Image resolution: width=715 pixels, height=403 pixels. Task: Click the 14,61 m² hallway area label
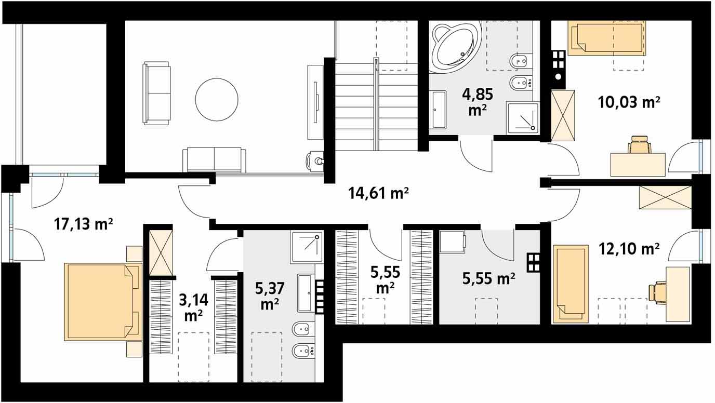[378, 193]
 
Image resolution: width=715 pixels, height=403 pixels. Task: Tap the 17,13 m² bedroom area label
[83, 224]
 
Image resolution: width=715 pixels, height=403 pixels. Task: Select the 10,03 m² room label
[629, 102]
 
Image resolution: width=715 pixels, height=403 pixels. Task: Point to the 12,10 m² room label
[629, 249]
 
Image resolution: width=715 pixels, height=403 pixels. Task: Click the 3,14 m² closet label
[193, 307]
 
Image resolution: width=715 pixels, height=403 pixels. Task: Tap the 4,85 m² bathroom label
[478, 102]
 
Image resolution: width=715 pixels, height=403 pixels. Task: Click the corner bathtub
[455, 47]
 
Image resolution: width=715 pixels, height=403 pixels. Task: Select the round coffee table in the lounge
[217, 100]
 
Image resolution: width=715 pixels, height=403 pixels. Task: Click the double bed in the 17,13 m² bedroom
[103, 302]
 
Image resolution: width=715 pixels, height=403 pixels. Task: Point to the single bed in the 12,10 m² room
[571, 284]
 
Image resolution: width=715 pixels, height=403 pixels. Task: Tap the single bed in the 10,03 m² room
[606, 38]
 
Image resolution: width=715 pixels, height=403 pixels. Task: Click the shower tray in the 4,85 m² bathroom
[523, 118]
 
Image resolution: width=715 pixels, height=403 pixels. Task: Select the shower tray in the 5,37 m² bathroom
[307, 247]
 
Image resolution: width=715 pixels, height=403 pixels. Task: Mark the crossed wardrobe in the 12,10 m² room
[665, 198]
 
